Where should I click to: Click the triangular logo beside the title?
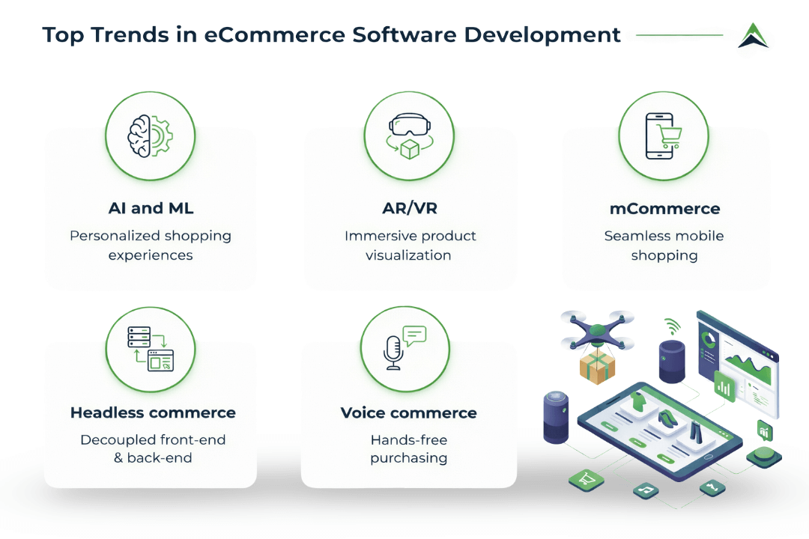tap(753, 35)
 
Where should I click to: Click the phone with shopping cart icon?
tap(664, 136)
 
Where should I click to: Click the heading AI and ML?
tap(150, 209)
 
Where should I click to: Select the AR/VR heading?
tap(409, 209)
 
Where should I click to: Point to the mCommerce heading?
tap(664, 209)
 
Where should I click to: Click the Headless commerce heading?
tap(153, 412)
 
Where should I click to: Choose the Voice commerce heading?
tap(409, 412)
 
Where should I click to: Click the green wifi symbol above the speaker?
tap(672, 326)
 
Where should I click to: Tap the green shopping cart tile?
tap(586, 479)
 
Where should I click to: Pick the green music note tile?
tap(645, 490)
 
